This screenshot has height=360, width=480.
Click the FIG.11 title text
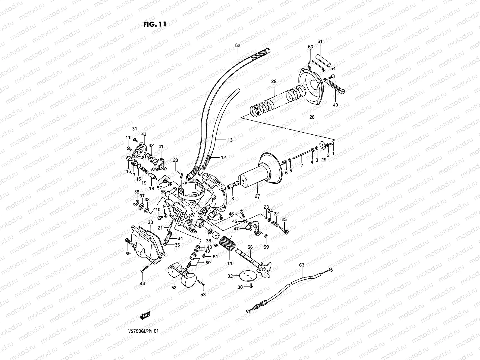154,24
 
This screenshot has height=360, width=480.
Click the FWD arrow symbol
145,316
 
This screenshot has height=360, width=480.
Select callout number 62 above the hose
238,46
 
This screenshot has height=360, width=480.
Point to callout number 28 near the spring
274,81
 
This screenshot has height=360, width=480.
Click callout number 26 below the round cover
312,117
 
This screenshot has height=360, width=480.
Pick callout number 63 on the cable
302,265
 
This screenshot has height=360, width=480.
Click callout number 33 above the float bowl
150,222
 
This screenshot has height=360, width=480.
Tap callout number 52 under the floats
174,288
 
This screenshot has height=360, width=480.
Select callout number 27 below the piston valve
257,196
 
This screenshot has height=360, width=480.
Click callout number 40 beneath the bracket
335,105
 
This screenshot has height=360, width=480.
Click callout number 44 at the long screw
142,283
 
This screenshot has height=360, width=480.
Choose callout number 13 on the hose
230,140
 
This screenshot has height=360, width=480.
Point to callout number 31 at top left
134,129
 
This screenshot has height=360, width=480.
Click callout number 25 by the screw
284,220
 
